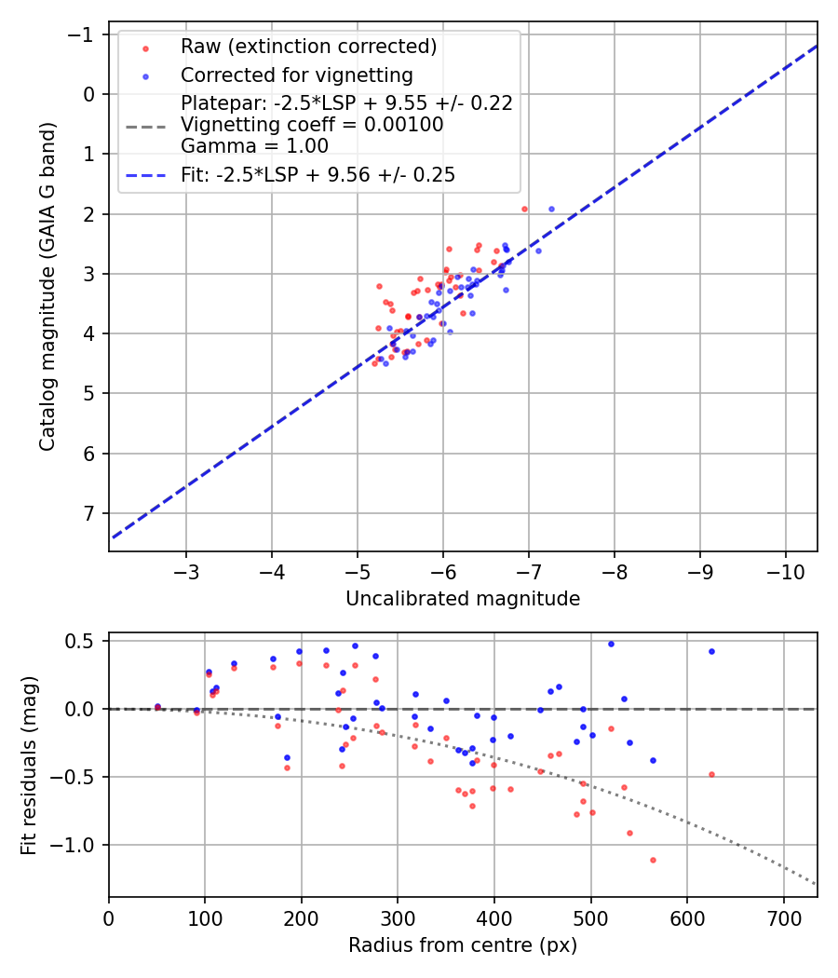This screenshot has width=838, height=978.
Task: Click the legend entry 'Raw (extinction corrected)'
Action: pyautogui.click(x=308, y=47)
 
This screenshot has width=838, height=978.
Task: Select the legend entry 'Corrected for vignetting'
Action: pyautogui.click(x=296, y=75)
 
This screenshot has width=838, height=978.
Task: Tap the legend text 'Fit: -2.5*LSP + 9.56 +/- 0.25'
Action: pyautogui.click(x=318, y=174)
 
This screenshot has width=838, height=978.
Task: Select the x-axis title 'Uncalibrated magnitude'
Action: pyautogui.click(x=463, y=599)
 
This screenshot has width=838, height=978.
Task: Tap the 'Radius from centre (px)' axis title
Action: pyautogui.click(x=463, y=945)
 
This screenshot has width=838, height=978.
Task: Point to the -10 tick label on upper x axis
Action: pyautogui.click(x=784, y=571)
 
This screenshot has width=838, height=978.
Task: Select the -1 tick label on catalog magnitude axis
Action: pyautogui.click(x=86, y=34)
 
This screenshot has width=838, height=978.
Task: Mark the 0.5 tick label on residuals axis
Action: pyautogui.click(x=84, y=641)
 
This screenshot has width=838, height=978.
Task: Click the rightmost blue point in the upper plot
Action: pyautogui.click(x=551, y=209)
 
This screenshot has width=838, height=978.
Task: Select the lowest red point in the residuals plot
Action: pyautogui.click(x=653, y=860)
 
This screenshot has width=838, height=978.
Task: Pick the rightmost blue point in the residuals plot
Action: pyautogui.click(x=711, y=651)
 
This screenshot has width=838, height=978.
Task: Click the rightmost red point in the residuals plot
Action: pyautogui.click(x=711, y=774)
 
